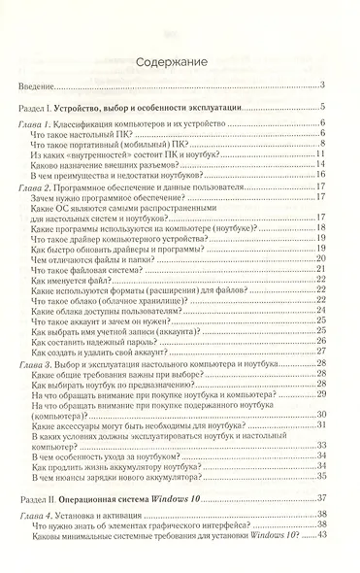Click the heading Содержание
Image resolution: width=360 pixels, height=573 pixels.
[x=180, y=61]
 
